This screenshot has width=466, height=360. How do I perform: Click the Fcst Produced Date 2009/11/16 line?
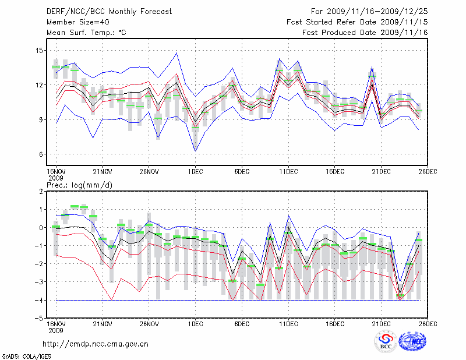(x=365, y=32)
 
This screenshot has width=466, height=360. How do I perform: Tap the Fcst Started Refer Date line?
(x=357, y=22)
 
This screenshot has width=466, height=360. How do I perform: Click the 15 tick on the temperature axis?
(x=38, y=51)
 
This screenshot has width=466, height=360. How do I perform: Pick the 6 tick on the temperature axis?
(x=41, y=154)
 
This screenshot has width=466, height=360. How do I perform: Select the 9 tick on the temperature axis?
(x=41, y=120)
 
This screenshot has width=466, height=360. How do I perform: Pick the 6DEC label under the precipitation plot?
(x=241, y=323)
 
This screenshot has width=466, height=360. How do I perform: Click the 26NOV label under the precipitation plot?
(x=149, y=323)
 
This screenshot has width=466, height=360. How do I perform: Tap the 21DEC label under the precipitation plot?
(x=381, y=323)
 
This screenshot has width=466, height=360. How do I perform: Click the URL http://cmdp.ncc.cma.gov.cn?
(x=96, y=344)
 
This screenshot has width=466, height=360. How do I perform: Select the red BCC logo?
(x=386, y=342)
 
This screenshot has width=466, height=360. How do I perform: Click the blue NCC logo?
(x=413, y=342)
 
